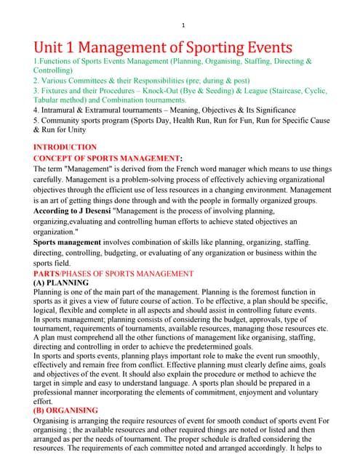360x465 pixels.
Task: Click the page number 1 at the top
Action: pyautogui.click(x=183, y=26)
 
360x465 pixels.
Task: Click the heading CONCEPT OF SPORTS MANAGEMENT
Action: pyautogui.click(x=105, y=158)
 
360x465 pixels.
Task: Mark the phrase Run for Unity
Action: pyautogui.click(x=63, y=130)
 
